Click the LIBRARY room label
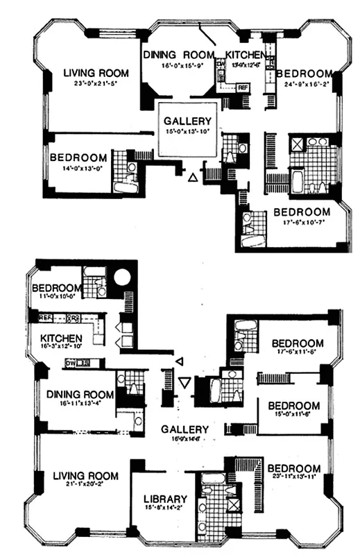(x=165, y=499)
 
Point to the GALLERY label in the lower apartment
(x=186, y=429)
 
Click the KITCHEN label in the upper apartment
(x=243, y=54)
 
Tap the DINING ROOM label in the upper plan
(x=180, y=54)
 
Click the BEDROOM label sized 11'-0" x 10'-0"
(x=55, y=288)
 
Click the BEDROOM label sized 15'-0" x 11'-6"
(x=294, y=406)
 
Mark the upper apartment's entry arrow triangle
(x=193, y=178)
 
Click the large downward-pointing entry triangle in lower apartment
(x=185, y=382)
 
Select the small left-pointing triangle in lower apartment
(x=179, y=361)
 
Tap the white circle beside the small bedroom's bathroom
(x=122, y=278)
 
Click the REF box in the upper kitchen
(x=242, y=87)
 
